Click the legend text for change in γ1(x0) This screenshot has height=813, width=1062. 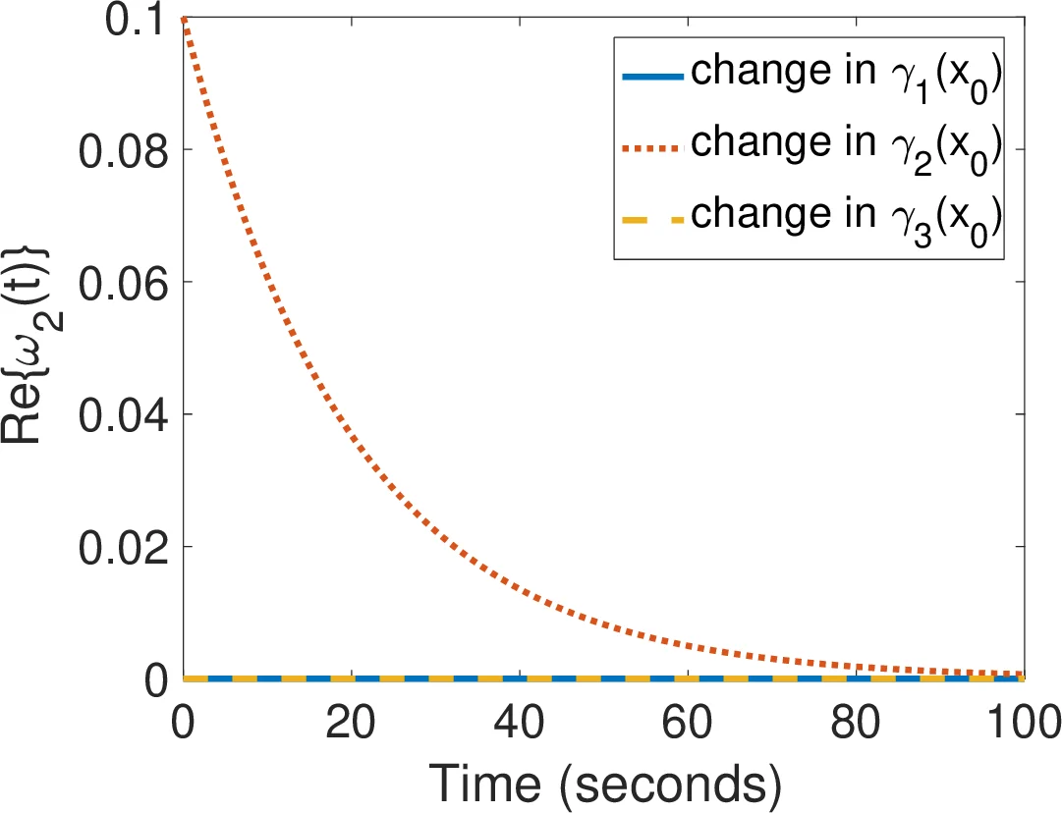tap(846, 75)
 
